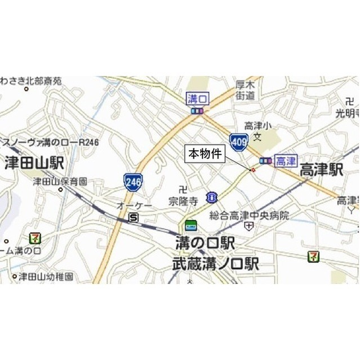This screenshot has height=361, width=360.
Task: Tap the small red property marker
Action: (x=253, y=169)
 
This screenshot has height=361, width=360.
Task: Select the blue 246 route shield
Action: (x=133, y=182)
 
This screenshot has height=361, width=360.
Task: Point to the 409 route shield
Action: (x=237, y=141)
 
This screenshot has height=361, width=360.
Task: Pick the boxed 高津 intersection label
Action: (x=286, y=161)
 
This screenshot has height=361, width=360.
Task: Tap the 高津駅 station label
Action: (x=321, y=170)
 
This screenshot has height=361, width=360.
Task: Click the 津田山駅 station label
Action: (x=34, y=164)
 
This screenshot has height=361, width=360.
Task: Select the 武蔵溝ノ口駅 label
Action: (x=215, y=263)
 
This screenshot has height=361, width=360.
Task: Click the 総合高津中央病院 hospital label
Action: (x=249, y=215)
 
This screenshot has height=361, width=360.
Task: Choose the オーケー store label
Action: (x=134, y=205)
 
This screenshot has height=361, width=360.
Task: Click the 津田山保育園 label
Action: (x=60, y=182)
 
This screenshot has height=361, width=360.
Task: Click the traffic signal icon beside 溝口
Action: (x=197, y=111)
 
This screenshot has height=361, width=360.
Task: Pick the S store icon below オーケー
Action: (x=134, y=217)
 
